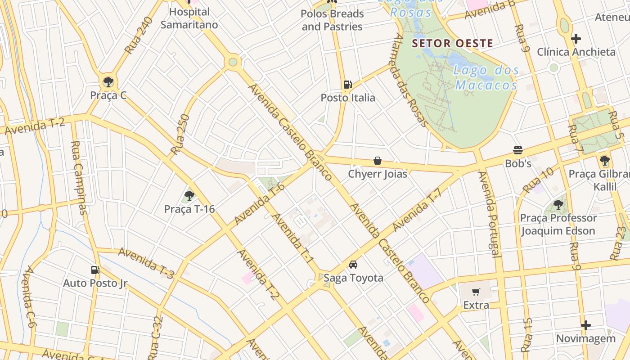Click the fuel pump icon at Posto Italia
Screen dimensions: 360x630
coord(347,84)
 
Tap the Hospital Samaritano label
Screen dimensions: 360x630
coord(189,18)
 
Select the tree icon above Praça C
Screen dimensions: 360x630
coord(108,82)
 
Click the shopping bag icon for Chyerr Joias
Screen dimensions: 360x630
coord(378,161)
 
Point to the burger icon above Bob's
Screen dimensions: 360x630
coord(518,150)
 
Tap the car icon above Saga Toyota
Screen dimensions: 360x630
coord(353,265)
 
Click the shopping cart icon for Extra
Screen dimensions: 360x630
coord(476,292)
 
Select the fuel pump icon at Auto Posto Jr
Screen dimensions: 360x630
coord(95,270)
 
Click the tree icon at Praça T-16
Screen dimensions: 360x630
coord(189,196)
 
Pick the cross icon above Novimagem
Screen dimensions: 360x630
coord(585,325)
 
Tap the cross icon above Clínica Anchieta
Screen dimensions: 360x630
coord(576,39)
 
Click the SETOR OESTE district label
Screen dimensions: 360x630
coord(453,44)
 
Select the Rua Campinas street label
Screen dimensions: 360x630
coord(77,178)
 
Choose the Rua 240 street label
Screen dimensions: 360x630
coord(139,36)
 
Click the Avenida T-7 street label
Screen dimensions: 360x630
coord(417,210)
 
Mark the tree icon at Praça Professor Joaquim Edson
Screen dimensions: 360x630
coord(558,205)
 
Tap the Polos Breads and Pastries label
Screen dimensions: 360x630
coord(332,20)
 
